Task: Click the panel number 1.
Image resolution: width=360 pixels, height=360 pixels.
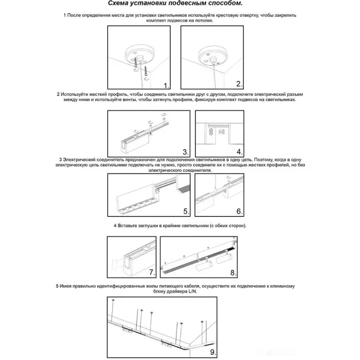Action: pyautogui.click(x=166, y=85)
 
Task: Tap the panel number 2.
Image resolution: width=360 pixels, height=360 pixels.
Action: pyautogui.click(x=239, y=84)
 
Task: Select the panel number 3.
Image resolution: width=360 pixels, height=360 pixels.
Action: pyautogui.click(x=185, y=152)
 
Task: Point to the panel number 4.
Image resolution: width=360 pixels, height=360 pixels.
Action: pyautogui.click(x=239, y=152)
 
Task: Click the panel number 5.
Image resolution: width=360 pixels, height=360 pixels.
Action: pyautogui.click(x=186, y=211)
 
